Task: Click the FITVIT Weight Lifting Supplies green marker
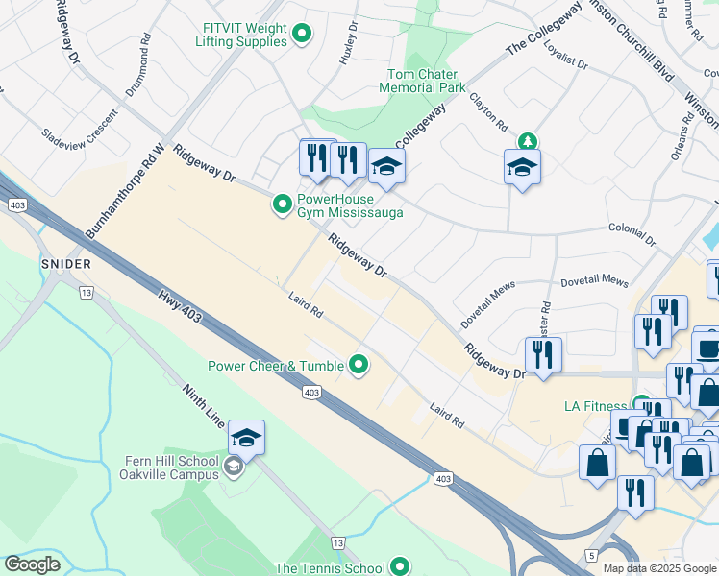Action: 302,35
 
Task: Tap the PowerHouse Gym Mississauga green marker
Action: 282,204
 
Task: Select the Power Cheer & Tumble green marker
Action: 359,364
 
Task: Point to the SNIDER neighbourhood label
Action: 66,263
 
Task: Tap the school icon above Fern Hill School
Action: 246,438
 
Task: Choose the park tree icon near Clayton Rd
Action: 527,142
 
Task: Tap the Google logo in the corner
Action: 33,564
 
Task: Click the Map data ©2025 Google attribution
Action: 660,568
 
